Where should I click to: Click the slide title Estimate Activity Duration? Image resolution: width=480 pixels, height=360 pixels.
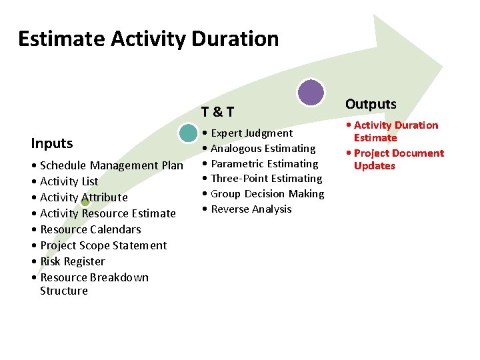point(148,39)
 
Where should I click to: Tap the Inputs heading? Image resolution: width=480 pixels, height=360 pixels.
point(52,143)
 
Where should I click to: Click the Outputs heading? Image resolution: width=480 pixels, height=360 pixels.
point(371,104)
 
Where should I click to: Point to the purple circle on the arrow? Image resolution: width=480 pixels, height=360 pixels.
point(311,93)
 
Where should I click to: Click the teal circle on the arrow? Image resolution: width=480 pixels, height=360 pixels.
point(189,133)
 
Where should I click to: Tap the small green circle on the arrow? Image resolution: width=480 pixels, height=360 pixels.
point(85,202)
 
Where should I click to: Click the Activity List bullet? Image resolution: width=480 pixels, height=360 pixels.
point(69,181)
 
